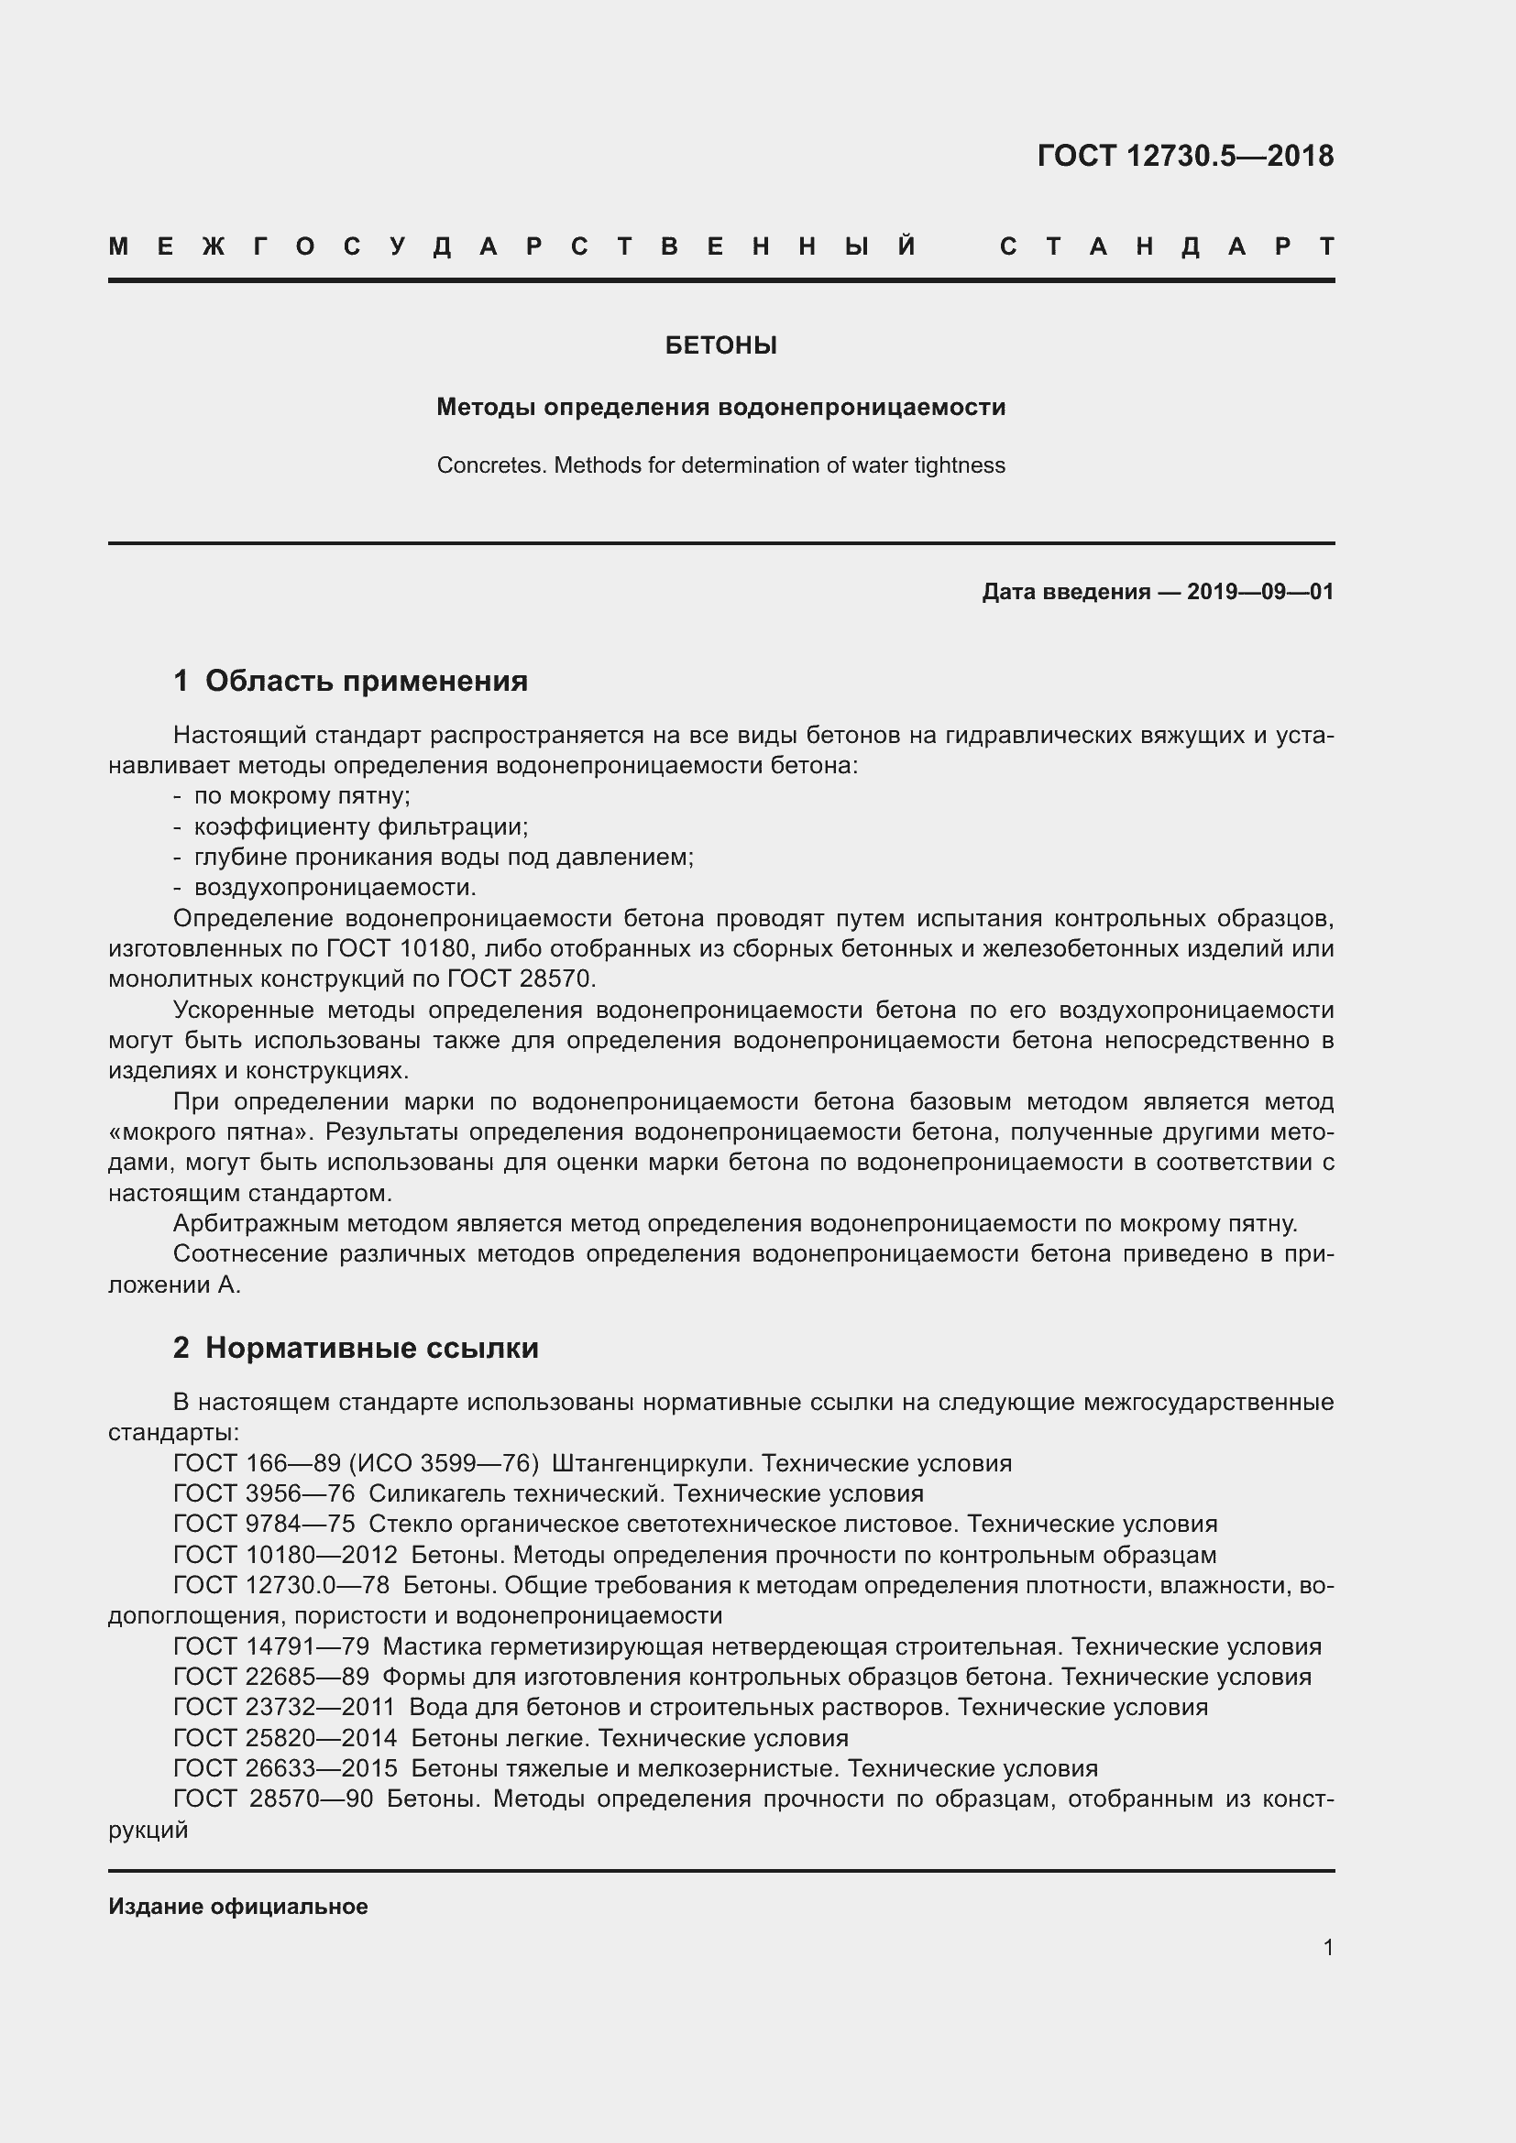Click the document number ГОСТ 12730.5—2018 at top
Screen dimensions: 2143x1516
pos(1184,156)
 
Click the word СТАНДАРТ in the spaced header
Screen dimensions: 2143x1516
pos(1166,246)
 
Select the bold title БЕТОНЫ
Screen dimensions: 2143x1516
pos(720,346)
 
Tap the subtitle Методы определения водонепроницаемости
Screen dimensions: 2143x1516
pos(720,407)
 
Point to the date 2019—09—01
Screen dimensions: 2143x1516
pos(1259,592)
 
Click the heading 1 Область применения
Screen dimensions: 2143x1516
pos(351,681)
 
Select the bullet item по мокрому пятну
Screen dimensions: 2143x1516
pos(302,796)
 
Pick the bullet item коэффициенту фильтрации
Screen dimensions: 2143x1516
pos(360,827)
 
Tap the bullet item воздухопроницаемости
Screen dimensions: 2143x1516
pos(335,887)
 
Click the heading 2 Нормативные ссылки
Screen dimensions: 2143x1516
pos(356,1348)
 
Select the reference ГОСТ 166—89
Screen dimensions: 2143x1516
pos(257,1462)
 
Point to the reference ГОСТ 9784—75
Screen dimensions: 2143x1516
pos(264,1525)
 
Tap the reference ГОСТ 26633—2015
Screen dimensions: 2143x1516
pos(285,1767)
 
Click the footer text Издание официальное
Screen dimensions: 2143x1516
pos(238,1906)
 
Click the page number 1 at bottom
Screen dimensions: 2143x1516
pos(1327,1947)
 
